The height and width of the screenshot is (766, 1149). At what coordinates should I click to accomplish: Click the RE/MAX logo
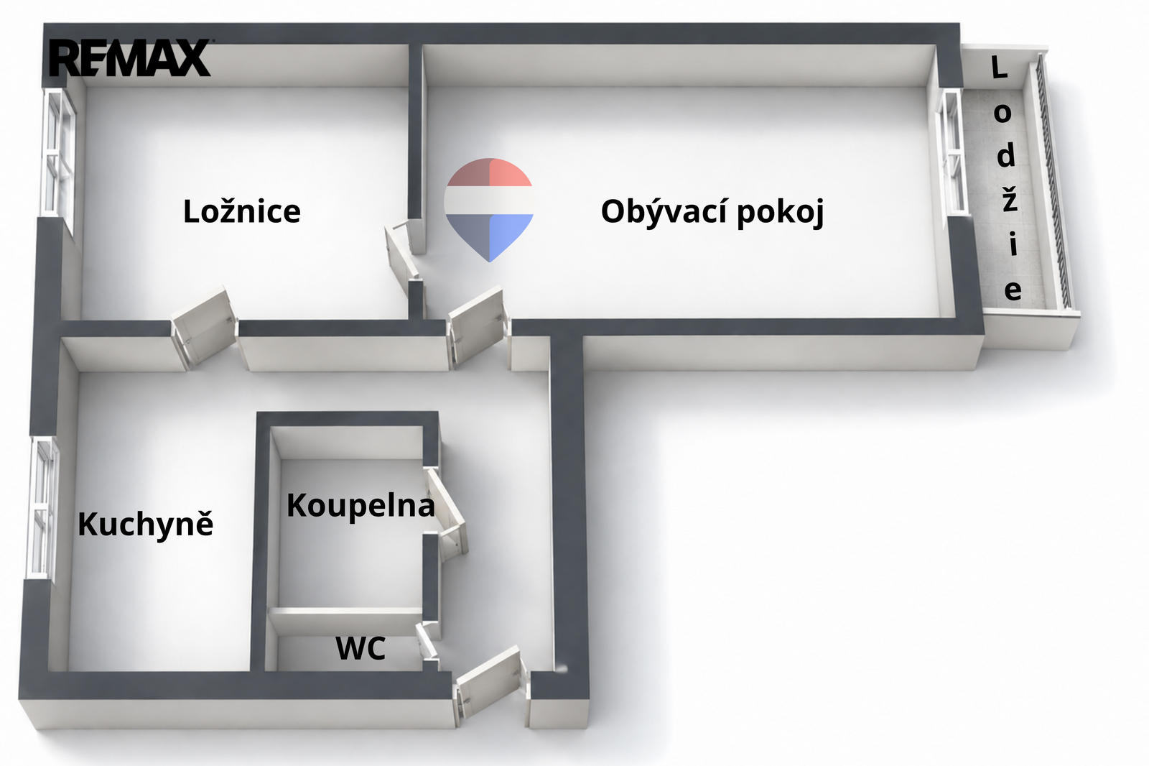[x=130, y=58]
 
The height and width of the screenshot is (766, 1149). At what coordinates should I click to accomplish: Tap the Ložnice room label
[x=241, y=211]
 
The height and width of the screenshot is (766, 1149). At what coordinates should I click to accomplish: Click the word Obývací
[x=665, y=211]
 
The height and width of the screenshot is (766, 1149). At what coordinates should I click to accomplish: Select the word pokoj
[x=781, y=212]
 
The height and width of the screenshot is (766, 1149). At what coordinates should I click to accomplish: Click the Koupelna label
[x=360, y=506]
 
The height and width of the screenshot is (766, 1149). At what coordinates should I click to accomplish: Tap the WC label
[x=360, y=648]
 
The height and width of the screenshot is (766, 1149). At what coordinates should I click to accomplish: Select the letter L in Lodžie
[x=998, y=68]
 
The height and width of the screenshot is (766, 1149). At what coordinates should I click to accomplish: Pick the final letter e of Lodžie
[x=1013, y=290]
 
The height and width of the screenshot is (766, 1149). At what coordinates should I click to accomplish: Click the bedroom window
[x=57, y=153]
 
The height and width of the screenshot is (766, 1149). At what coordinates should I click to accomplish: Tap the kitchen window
[x=43, y=508]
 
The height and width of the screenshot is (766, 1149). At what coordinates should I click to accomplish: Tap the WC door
[x=427, y=645]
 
